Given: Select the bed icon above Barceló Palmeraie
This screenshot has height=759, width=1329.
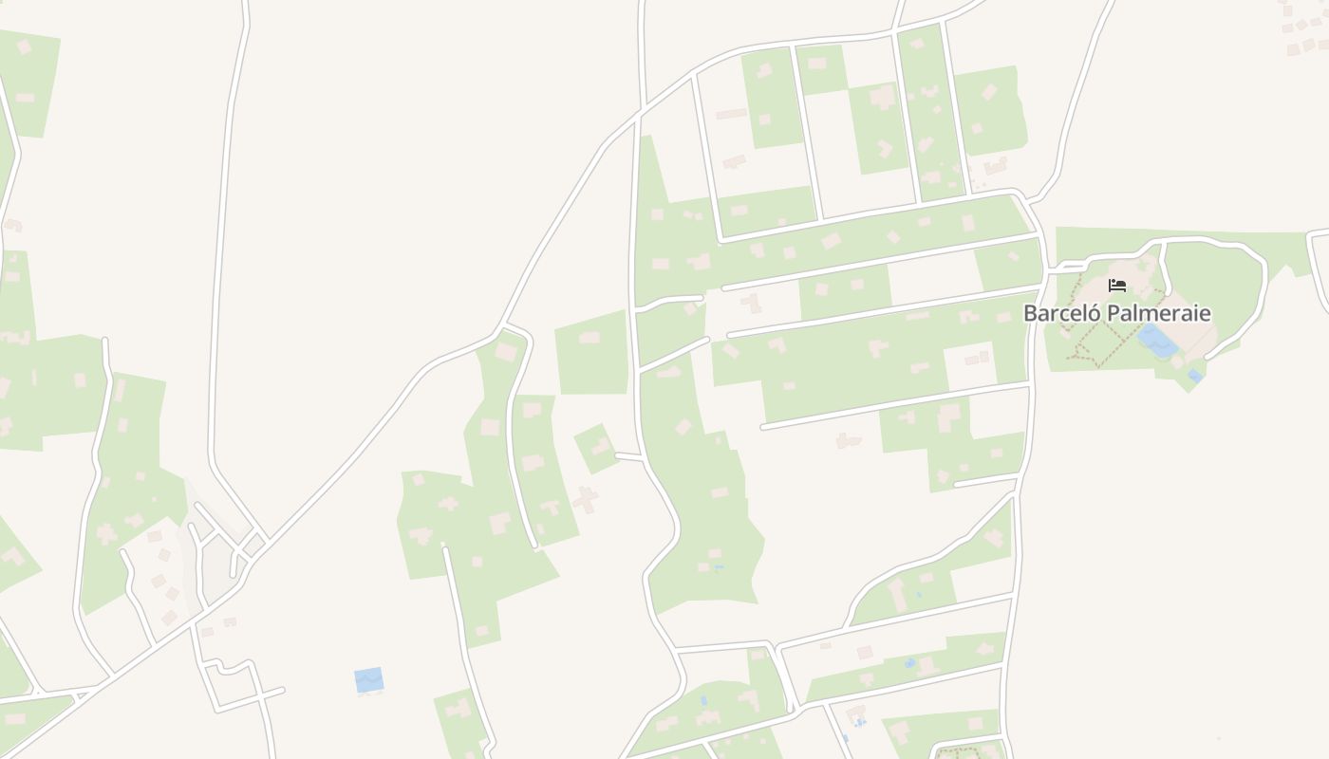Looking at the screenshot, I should tap(1117, 286).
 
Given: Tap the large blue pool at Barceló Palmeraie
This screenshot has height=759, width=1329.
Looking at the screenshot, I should tap(1157, 340).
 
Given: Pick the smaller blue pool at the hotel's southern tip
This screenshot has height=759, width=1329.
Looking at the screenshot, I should tap(1195, 377).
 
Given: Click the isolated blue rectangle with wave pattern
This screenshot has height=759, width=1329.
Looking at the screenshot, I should tap(368, 679).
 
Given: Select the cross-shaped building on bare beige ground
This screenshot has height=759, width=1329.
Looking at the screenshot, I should tap(585, 499).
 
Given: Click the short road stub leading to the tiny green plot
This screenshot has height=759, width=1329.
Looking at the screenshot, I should tap(629, 456).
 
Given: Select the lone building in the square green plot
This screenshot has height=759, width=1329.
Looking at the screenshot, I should tap(590, 338).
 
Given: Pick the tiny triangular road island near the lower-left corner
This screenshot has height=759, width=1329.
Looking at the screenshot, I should tap(82, 695).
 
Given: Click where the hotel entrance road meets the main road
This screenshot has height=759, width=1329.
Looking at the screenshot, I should tap(1047, 269).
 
